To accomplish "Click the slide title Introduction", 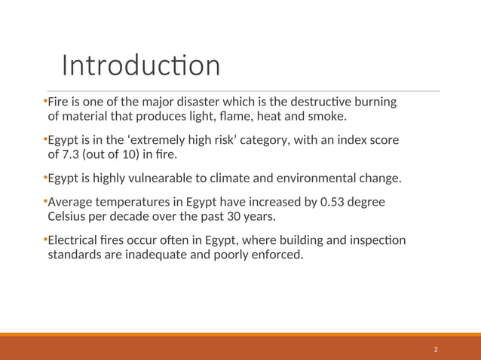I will (x=141, y=66).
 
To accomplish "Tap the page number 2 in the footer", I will (x=436, y=350).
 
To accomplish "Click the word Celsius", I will (x=68, y=217).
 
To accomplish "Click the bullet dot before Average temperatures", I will (x=44, y=201).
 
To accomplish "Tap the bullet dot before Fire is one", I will (x=44, y=100).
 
